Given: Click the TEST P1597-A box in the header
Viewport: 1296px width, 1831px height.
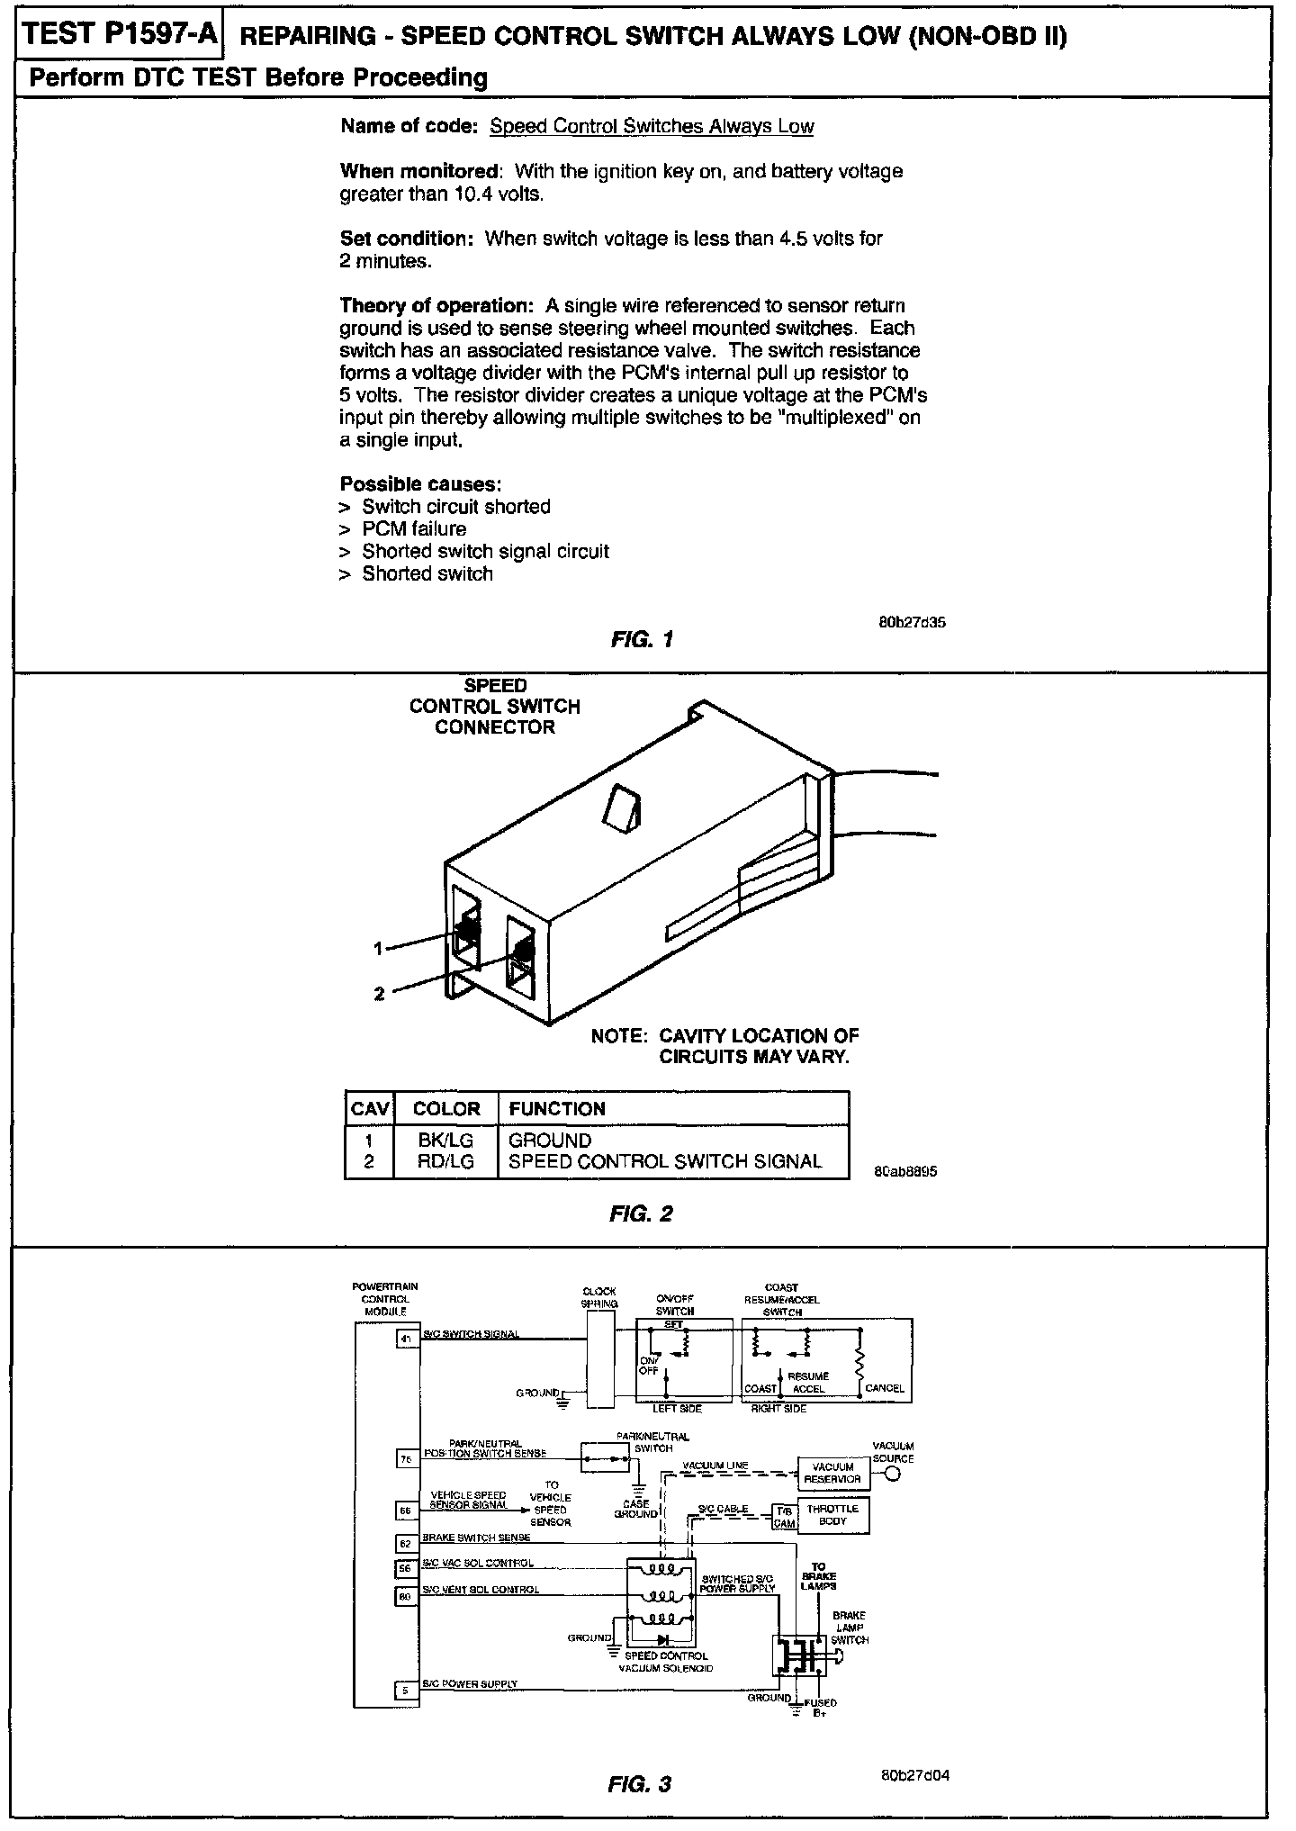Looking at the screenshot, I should [x=119, y=35].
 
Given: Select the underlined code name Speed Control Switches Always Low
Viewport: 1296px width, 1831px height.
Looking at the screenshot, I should [x=652, y=126].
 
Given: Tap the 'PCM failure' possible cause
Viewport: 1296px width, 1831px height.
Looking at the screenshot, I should [x=414, y=529].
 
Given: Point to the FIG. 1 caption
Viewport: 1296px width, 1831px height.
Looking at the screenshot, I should [x=642, y=640].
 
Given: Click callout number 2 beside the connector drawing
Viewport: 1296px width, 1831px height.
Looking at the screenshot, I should [x=379, y=994].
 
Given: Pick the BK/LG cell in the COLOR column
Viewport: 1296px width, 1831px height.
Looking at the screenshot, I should [x=445, y=1141].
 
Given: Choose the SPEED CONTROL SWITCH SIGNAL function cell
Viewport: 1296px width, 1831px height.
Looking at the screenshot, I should [x=665, y=1161].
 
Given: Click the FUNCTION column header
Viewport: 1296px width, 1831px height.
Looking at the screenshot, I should [x=557, y=1109].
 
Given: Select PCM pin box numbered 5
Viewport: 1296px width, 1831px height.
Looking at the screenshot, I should [x=406, y=1691].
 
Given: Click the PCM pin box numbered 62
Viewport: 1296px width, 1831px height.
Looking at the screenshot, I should [x=406, y=1544].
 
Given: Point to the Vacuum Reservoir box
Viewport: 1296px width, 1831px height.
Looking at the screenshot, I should [x=832, y=1473].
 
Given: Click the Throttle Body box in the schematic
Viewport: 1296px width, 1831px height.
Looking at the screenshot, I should [x=833, y=1515].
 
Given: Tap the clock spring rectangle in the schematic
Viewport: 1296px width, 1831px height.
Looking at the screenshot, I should [x=599, y=1359].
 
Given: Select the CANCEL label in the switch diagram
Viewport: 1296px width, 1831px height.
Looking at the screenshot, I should [x=884, y=1388].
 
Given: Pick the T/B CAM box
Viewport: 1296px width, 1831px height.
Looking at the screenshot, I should [x=784, y=1516].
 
